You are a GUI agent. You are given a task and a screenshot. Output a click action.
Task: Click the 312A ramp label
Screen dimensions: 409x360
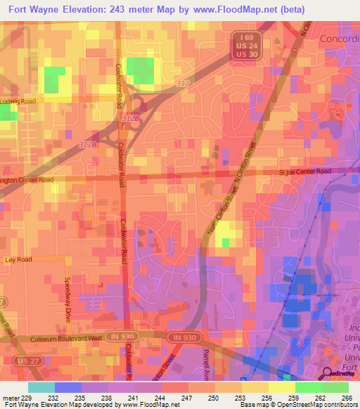pos(88,143)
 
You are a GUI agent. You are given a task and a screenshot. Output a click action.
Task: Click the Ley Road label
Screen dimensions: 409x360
pos(19,259)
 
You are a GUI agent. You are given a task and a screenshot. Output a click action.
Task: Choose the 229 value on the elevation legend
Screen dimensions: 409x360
pos(27,398)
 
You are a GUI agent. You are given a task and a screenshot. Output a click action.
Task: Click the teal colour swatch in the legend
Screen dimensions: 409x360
pos(41,387)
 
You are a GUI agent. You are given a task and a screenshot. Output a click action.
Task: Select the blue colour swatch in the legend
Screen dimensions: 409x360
pos(67,387)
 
